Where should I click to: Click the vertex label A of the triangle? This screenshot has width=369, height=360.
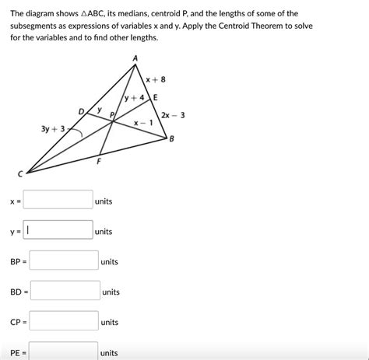coord(135,58)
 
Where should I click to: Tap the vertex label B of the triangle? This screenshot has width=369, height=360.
coord(172,139)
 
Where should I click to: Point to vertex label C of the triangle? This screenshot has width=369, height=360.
coord(23,177)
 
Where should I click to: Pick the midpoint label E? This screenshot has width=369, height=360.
coord(155,97)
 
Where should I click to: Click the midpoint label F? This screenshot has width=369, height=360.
coord(99,161)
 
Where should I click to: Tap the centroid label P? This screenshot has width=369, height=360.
coord(112,114)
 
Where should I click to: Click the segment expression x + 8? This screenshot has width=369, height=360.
coord(156,79)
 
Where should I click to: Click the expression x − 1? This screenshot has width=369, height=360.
coord(142,123)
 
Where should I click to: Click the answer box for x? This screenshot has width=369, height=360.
coord(58,201)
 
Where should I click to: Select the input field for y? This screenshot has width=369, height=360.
coord(58,231)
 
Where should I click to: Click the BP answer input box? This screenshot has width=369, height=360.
coord(64,261)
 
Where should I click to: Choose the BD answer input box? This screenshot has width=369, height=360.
coord(65,292)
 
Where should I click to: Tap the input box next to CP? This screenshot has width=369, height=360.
coord(64,321)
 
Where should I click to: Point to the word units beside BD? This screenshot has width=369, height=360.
coord(111,292)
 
